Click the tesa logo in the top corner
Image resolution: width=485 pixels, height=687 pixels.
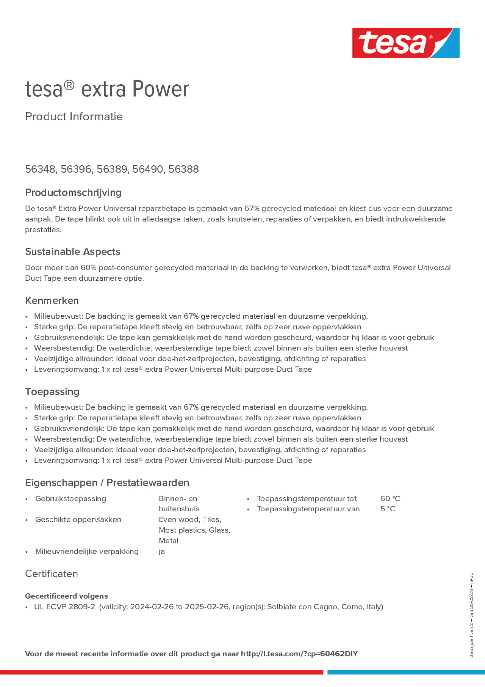tap(406, 43)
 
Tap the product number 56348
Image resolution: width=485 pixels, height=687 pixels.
tap(40, 169)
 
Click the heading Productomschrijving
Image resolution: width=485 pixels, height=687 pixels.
tap(73, 192)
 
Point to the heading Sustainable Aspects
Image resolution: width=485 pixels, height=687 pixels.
tap(72, 252)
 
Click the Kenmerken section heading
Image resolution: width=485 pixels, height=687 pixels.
tap(52, 300)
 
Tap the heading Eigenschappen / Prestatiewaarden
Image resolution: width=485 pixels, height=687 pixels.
tap(107, 483)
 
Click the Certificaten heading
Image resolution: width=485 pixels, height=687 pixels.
tap(51, 574)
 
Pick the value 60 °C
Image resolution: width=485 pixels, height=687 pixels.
tap(390, 498)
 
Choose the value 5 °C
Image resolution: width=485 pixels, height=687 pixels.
tap(388, 509)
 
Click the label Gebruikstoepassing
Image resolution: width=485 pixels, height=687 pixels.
tap(71, 498)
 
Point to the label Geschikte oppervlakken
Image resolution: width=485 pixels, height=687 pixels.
tap(78, 520)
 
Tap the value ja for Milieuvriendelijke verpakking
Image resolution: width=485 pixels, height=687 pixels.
tap(162, 551)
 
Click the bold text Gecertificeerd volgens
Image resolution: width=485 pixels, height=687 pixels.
tap(66, 596)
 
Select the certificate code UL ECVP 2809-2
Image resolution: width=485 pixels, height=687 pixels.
tap(65, 606)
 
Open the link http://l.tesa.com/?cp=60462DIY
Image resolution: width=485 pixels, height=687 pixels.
tap(299, 654)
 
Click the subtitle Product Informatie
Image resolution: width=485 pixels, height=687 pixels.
tap(74, 117)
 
